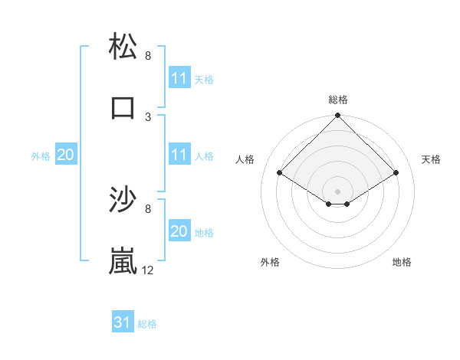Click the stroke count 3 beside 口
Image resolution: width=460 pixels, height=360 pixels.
[x=148, y=116]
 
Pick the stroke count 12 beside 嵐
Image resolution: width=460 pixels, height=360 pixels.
[x=148, y=270]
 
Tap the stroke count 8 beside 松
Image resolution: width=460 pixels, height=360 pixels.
[x=148, y=55]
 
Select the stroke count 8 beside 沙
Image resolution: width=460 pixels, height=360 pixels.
[x=148, y=208]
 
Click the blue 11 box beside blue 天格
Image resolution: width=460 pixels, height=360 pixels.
[x=179, y=78]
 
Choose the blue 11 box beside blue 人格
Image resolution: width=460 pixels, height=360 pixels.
[x=179, y=155]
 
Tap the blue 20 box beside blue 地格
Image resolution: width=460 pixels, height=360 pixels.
[x=179, y=231]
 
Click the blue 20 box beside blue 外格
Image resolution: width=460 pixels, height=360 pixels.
[x=65, y=155]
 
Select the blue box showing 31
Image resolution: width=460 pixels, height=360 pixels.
[x=122, y=322]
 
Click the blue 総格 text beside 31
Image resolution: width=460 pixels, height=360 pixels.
[x=147, y=324]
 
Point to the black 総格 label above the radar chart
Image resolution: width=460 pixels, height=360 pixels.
[x=337, y=100]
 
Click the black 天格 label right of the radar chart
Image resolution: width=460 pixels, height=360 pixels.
[x=431, y=159]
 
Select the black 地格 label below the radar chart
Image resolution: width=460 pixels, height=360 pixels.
[x=402, y=262]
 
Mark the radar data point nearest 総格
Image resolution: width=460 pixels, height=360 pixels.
[x=337, y=116]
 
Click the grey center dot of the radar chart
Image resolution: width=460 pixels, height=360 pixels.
[x=337, y=191]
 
